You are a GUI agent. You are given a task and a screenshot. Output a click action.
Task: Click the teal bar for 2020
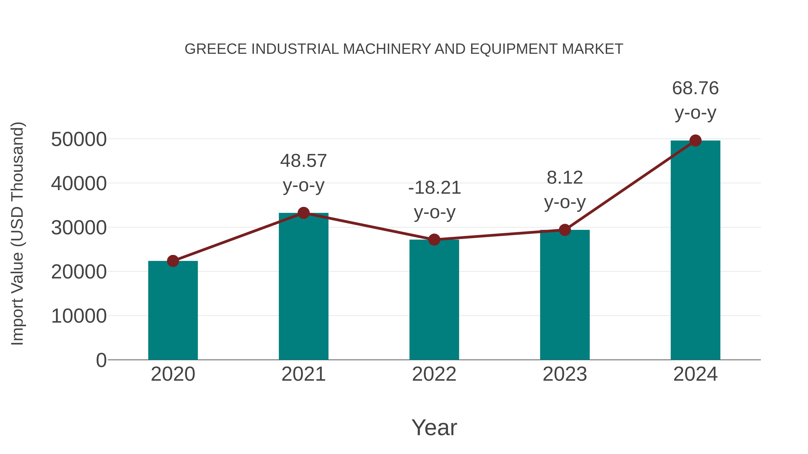pyautogui.click(x=173, y=310)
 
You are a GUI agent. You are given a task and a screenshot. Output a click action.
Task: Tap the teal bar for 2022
pyautogui.click(x=434, y=300)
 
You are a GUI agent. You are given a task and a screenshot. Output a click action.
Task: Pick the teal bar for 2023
pyautogui.click(x=565, y=295)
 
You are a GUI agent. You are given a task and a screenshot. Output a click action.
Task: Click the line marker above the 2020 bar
pyautogui.click(x=173, y=261)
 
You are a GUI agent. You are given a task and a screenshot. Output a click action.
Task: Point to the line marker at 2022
pyautogui.click(x=434, y=240)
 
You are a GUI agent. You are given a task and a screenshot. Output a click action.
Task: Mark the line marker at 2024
pyautogui.click(x=695, y=141)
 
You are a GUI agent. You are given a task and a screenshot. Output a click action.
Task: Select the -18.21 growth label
pyautogui.click(x=434, y=188)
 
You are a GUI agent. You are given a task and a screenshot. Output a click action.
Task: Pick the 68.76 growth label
pyautogui.click(x=695, y=88)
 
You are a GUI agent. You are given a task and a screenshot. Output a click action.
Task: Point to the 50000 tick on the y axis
pyautogui.click(x=79, y=139)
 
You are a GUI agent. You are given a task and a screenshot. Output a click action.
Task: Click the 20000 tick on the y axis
pyautogui.click(x=79, y=272)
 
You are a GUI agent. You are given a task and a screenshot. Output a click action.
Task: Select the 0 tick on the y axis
pyautogui.click(x=101, y=360)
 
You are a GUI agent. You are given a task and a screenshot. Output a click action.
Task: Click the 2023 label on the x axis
pyautogui.click(x=565, y=374)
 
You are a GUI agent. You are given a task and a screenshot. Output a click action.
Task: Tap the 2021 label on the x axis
pyautogui.click(x=303, y=374)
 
